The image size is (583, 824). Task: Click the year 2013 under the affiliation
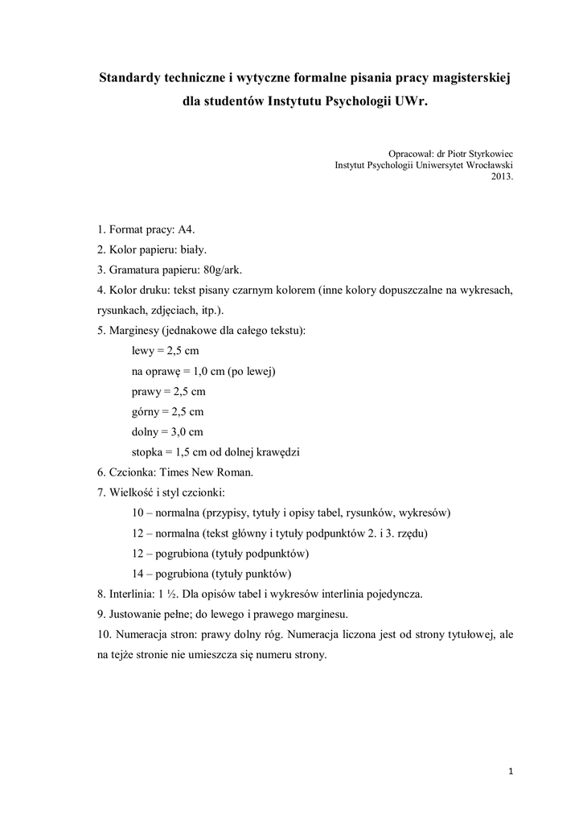(501, 177)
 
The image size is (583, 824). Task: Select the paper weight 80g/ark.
(230, 270)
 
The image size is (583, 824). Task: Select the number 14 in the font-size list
(138, 574)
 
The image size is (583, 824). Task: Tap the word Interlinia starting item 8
(130, 594)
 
